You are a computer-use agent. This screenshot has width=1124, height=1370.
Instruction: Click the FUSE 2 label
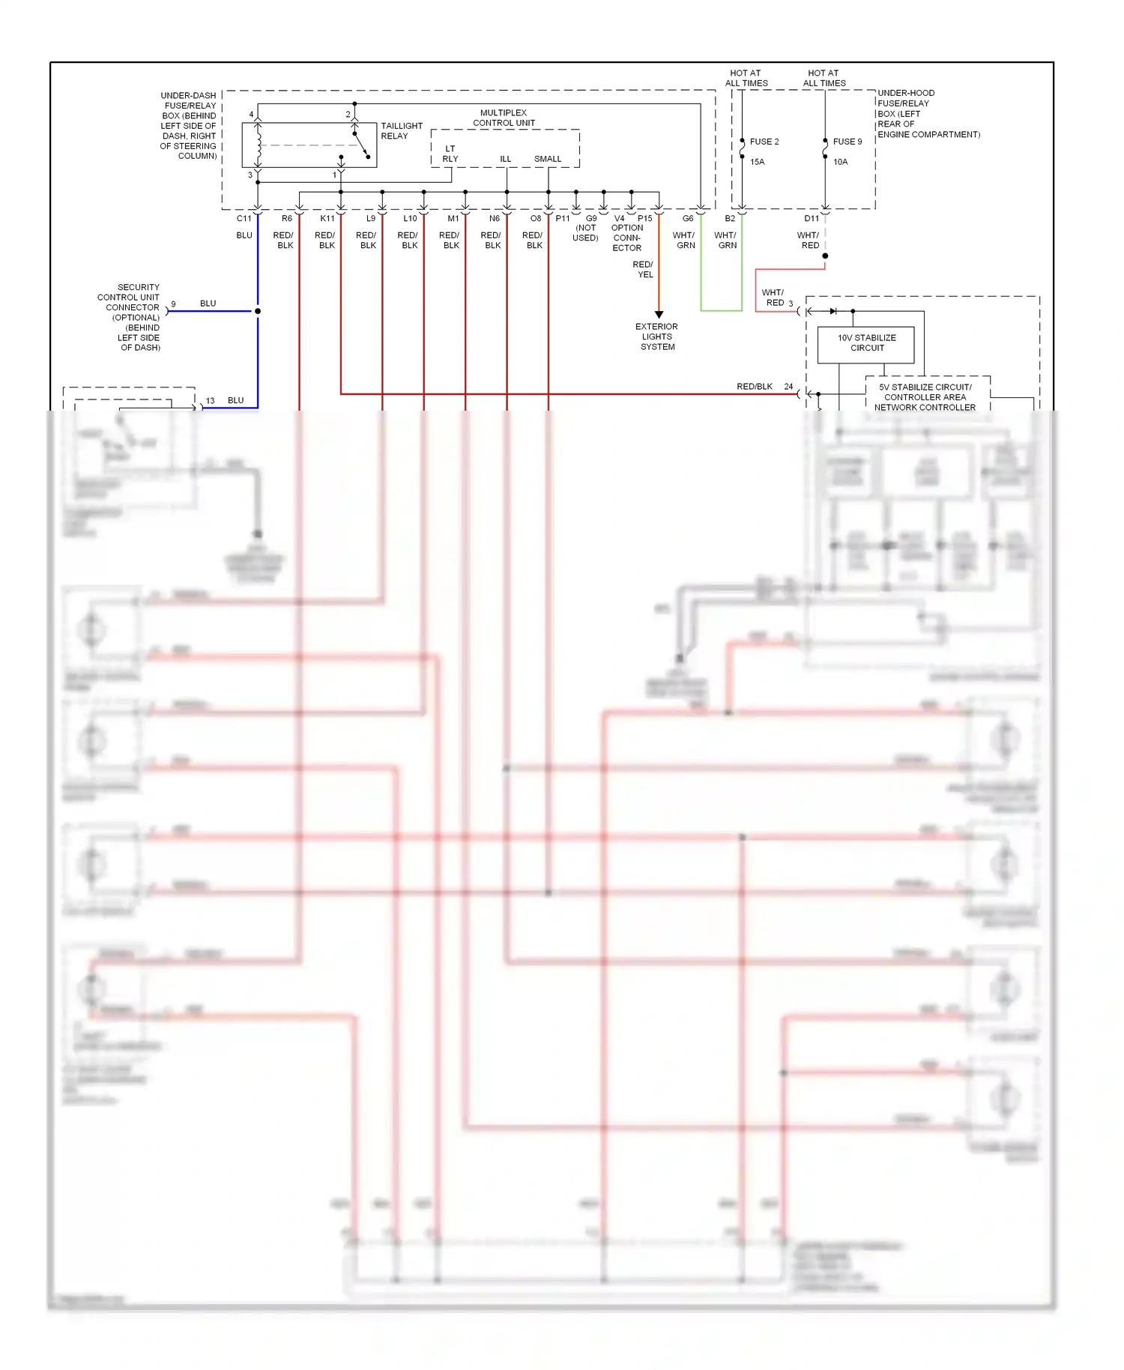[x=764, y=142]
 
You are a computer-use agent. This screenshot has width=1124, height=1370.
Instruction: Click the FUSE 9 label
[x=847, y=142]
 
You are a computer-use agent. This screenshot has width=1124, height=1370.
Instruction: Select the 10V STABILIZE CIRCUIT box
[x=866, y=343]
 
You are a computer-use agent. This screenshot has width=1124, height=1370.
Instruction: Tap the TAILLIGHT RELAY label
[x=401, y=131]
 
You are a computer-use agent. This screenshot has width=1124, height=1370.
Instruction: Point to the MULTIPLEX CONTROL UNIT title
[x=504, y=118]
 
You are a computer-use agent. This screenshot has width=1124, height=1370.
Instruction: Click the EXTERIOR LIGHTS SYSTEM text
[x=656, y=337]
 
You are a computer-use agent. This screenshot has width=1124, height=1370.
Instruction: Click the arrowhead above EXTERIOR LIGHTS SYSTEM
[x=659, y=315]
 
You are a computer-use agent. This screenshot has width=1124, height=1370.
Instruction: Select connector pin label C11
[x=244, y=219]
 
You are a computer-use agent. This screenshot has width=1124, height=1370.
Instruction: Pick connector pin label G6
[x=687, y=219]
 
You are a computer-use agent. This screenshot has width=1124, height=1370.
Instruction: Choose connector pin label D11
[x=812, y=219]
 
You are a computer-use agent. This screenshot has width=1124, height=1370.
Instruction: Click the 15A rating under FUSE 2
[x=757, y=162]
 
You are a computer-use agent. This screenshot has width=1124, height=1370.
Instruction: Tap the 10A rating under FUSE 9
[x=840, y=162]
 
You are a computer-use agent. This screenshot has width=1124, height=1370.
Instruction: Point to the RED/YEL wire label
[x=643, y=270]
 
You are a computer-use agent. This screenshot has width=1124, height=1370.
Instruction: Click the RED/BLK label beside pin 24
[x=754, y=387]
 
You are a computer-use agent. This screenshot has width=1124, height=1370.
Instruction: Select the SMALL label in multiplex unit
[x=547, y=159]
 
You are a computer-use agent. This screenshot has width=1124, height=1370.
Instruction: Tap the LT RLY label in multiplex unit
[x=450, y=154]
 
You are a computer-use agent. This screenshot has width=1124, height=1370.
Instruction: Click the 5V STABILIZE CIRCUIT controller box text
[x=925, y=397]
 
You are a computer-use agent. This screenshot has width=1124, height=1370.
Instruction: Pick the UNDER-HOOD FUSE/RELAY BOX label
[x=928, y=114]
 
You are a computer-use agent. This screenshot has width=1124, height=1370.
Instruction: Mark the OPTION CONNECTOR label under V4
[x=626, y=238]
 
